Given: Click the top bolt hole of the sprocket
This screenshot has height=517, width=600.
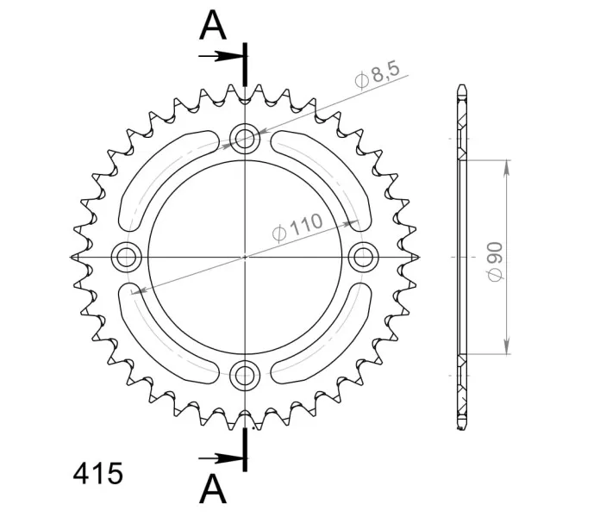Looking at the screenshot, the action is pyautogui.click(x=245, y=139).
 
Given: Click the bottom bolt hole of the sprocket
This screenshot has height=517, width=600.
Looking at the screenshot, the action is pyautogui.click(x=245, y=375).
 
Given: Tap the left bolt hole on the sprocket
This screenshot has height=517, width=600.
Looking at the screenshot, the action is pyautogui.click(x=126, y=257).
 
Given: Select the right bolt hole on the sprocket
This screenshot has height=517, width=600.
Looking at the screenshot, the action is pyautogui.click(x=364, y=257).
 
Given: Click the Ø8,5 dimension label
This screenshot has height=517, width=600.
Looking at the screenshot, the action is pyautogui.click(x=378, y=75).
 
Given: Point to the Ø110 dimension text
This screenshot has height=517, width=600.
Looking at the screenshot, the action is pyautogui.click(x=297, y=227).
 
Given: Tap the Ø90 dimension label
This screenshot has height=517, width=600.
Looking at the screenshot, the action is pyautogui.click(x=495, y=262).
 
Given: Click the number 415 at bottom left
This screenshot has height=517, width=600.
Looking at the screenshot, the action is pyautogui.click(x=98, y=473).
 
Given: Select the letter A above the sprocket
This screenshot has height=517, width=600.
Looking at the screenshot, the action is pyautogui.click(x=213, y=26).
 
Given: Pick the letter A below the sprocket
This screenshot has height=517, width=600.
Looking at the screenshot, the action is pyautogui.click(x=213, y=489).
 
